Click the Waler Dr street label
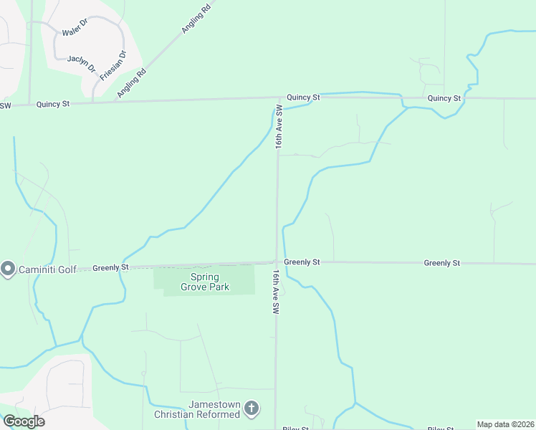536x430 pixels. pos(75,32)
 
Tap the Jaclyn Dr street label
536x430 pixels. pos(81,62)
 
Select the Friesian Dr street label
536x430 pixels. pos(113,64)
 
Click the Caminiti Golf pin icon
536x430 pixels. pos(8,269)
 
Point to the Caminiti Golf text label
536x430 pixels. pos(47,269)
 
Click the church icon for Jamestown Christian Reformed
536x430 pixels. pos(251,408)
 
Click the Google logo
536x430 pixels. pos(24,421)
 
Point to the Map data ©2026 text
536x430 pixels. pos(505,424)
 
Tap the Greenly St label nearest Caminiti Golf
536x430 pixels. pos(110,267)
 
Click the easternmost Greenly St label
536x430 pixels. pos(441,263)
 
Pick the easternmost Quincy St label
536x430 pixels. pos(444,98)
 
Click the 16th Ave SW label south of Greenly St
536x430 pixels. pos(276,292)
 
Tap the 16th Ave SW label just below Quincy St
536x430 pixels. pos(279,128)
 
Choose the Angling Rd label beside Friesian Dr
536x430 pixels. pos(133,82)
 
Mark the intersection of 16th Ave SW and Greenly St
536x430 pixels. pos(277,262)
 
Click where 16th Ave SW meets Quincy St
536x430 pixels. pos(278,98)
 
